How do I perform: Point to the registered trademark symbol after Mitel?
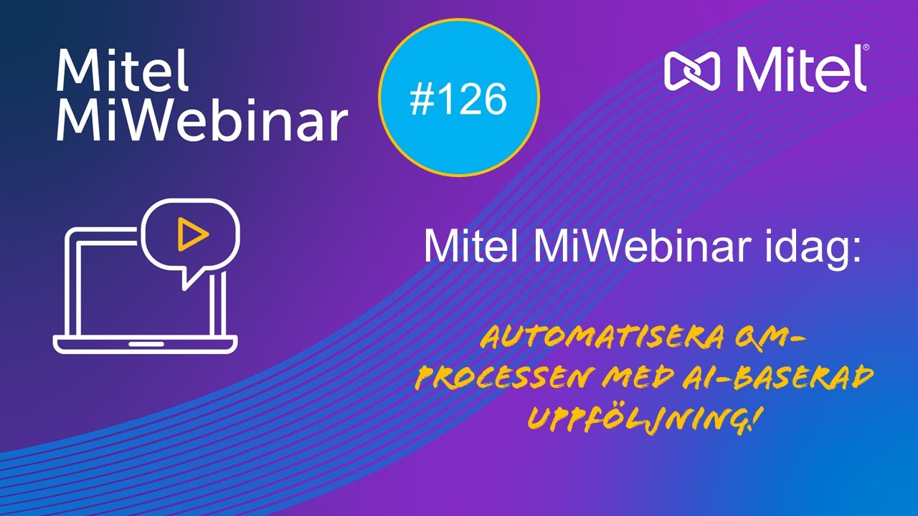pyautogui.click(x=865, y=48)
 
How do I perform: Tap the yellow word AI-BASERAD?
pyautogui.click(x=781, y=378)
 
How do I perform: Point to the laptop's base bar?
pyautogui.click(x=145, y=345)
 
